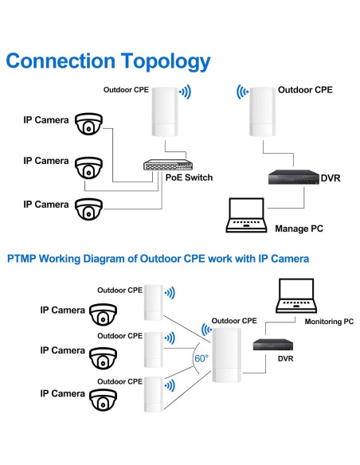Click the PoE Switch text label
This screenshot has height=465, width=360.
tap(189, 178)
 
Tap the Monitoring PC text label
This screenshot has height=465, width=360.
tap(329, 322)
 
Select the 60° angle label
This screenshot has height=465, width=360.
tap(201, 358)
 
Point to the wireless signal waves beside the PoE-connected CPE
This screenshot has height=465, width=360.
tap(186, 92)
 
